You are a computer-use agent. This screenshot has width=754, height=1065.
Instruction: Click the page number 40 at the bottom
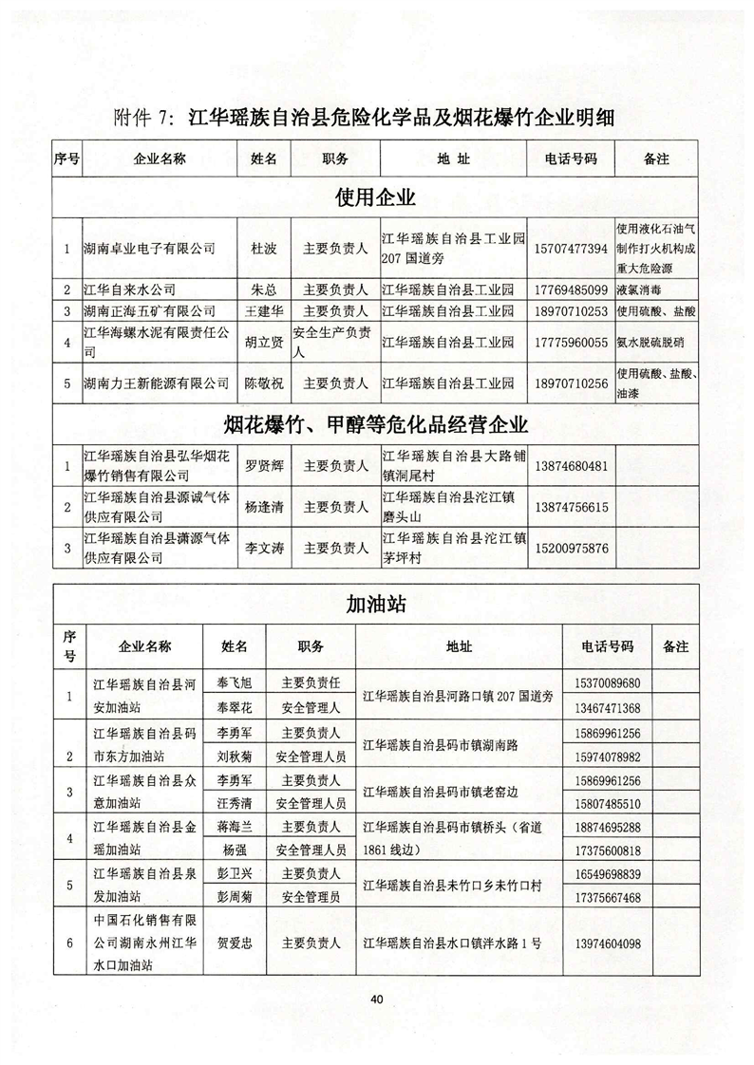tap(377, 998)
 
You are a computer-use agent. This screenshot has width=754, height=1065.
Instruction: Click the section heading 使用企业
tap(376, 198)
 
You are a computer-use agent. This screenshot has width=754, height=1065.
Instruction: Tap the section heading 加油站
tap(376, 605)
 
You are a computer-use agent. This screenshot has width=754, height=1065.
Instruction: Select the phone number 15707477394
tap(569, 248)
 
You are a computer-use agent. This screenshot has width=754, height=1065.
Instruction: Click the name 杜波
tap(262, 248)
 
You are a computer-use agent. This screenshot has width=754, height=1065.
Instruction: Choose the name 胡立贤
tap(262, 342)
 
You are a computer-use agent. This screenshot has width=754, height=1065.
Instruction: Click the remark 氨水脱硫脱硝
tap(654, 342)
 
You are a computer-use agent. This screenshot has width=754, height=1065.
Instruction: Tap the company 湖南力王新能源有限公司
tap(157, 383)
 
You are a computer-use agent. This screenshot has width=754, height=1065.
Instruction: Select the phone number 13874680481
tap(569, 466)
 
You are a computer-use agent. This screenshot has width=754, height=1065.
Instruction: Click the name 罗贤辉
tap(262, 466)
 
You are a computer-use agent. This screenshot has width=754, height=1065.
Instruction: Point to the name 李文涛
tap(262, 548)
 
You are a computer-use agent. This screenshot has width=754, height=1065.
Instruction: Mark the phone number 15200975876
tap(569, 548)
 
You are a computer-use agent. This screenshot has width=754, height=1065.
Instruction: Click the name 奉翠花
tap(235, 708)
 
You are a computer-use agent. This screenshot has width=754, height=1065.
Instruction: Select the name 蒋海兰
tap(235, 827)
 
